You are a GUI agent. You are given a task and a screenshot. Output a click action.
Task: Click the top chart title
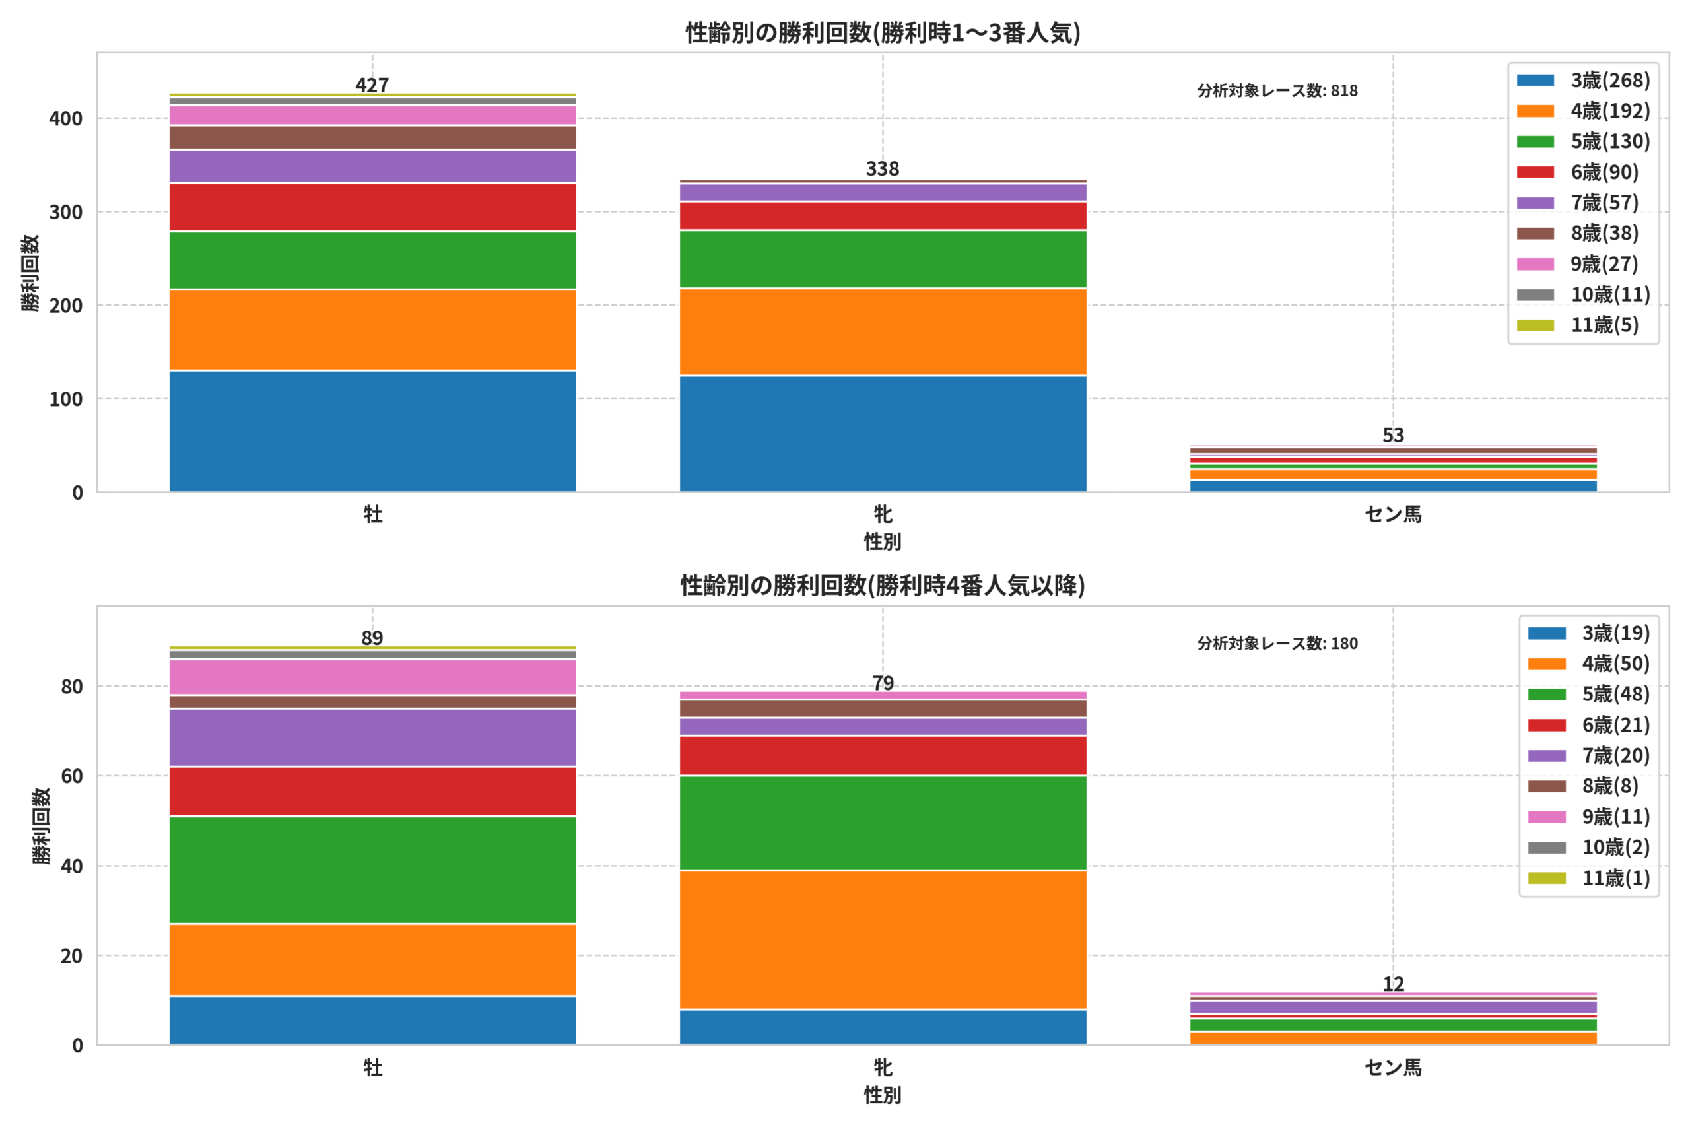click(x=883, y=33)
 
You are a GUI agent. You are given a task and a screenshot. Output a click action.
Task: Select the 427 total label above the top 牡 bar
click(x=372, y=86)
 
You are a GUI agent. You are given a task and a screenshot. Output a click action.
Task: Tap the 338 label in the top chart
click(x=883, y=169)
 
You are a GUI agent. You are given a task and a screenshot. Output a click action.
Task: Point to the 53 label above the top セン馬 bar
click(x=1393, y=436)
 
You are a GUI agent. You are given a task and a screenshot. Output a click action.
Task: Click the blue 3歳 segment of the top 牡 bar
click(x=372, y=431)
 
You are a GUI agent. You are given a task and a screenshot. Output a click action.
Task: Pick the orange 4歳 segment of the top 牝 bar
click(x=883, y=331)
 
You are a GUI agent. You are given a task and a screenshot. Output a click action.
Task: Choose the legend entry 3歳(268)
click(x=1584, y=81)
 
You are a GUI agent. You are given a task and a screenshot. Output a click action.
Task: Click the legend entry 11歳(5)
click(x=1578, y=325)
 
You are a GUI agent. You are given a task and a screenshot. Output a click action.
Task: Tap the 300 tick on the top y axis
click(x=65, y=212)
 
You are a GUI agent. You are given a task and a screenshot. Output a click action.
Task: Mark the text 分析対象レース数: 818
click(x=1277, y=90)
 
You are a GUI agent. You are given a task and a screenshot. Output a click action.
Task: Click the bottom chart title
click(x=883, y=586)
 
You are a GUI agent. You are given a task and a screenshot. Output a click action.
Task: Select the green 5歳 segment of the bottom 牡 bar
click(x=372, y=870)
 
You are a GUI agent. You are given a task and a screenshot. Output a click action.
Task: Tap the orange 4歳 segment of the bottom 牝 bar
click(x=883, y=940)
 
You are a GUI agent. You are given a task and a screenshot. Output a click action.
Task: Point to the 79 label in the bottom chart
click(x=883, y=683)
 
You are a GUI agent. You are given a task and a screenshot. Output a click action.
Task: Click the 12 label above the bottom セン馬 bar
click(x=1393, y=984)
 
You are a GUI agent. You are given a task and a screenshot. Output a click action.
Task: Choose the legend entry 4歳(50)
click(x=1589, y=664)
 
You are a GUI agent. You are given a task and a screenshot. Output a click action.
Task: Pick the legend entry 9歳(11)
click(x=1589, y=817)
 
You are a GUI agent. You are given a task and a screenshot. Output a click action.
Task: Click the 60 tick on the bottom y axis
click(x=72, y=776)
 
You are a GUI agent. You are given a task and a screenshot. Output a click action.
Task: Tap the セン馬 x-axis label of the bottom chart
click(x=1393, y=1068)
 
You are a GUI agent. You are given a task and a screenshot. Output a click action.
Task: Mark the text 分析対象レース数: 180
click(x=1277, y=643)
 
